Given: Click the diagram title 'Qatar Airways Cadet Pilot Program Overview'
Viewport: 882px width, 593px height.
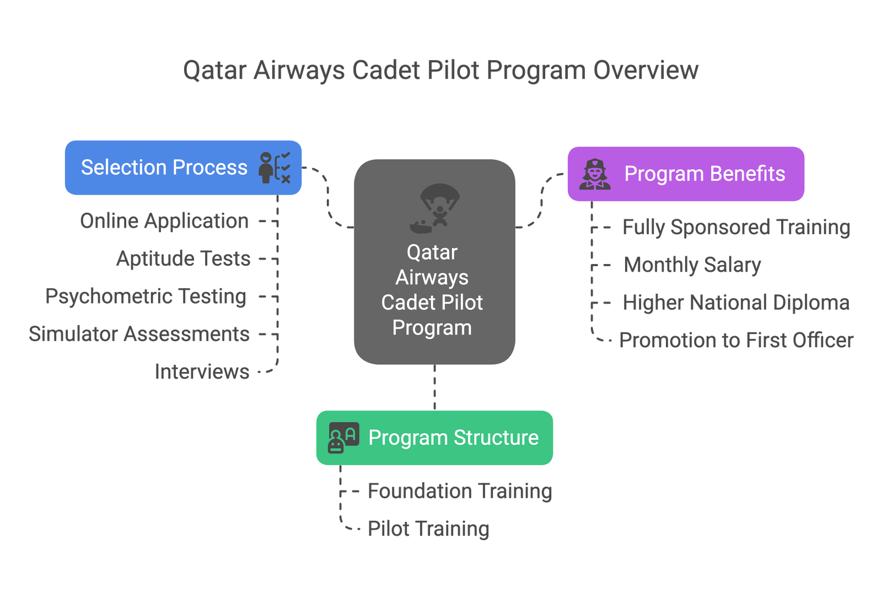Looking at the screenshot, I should coord(440,71).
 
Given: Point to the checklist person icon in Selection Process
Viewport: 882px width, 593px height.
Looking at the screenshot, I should coord(275,168).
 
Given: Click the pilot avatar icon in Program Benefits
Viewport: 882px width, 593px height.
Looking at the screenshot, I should coord(595,174).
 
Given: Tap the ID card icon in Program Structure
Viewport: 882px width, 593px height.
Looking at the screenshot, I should coord(343,438).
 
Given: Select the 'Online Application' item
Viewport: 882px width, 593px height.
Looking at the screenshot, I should coord(164,221).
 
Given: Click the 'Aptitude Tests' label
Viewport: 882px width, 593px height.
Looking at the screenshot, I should coord(184,258).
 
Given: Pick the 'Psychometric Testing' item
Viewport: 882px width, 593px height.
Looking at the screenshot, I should coord(146,296).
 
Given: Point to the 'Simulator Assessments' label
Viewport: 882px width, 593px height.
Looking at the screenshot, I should coord(139,334).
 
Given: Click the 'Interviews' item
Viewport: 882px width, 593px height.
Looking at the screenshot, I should coord(202,372).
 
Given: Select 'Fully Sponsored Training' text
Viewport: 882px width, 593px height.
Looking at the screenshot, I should coord(736,227).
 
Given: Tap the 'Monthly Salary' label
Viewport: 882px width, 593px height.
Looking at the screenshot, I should coord(692,265).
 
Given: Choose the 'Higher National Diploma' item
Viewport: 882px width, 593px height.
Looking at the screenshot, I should coord(736,303).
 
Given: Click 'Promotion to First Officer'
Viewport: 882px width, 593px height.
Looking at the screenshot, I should coord(736,341).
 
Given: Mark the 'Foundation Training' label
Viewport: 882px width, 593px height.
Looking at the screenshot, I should coord(460,491).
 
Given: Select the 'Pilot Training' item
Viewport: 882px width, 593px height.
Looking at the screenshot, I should coord(428,529).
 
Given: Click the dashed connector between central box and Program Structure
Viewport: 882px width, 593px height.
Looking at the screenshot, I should coord(434,387).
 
